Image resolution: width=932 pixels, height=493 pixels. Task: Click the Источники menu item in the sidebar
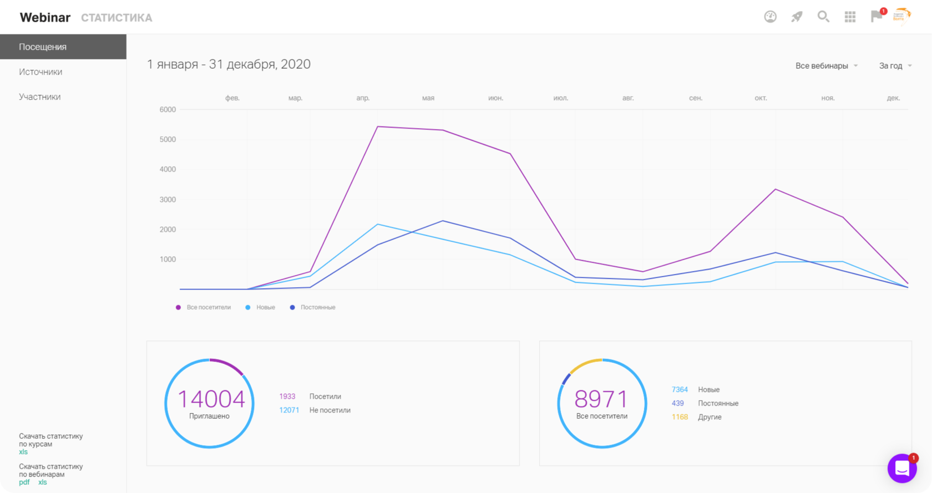[x=40, y=72]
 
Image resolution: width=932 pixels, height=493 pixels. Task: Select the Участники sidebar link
[x=39, y=97]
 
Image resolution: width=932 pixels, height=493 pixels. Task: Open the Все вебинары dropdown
[x=827, y=66]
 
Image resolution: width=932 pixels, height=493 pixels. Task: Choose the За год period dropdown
[x=895, y=66]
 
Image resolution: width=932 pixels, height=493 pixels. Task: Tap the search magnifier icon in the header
[x=823, y=17]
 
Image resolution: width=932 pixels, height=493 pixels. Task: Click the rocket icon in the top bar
[x=797, y=17]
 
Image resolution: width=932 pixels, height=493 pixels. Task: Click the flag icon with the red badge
[x=877, y=16]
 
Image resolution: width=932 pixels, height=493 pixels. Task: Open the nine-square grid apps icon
[x=850, y=17]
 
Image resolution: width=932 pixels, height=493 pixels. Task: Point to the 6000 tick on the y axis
[x=168, y=109]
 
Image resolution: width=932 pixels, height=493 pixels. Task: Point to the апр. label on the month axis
[x=363, y=98]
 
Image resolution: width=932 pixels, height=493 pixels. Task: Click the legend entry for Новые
[x=260, y=307]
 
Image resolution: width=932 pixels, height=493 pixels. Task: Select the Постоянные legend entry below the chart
[x=312, y=307]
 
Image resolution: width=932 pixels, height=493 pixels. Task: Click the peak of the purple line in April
[x=377, y=126]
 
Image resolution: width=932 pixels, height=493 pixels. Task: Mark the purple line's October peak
[x=776, y=189]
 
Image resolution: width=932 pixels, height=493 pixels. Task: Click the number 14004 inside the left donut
[x=211, y=399]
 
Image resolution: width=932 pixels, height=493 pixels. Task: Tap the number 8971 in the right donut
[x=601, y=399]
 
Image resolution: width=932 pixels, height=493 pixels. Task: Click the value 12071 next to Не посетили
[x=289, y=410]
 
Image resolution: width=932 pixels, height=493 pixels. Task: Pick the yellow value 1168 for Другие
[x=680, y=417]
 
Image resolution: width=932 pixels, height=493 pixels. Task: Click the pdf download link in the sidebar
[x=24, y=482]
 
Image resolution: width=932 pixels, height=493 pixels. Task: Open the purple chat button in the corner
[x=902, y=468]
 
